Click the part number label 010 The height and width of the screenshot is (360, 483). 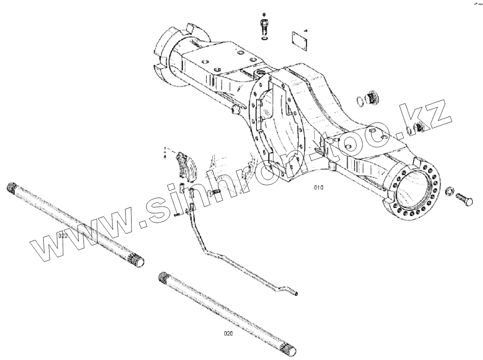(318, 188)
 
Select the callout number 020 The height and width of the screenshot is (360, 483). (228, 333)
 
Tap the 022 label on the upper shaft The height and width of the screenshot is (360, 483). (63, 236)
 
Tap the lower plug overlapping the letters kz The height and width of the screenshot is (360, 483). (418, 129)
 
